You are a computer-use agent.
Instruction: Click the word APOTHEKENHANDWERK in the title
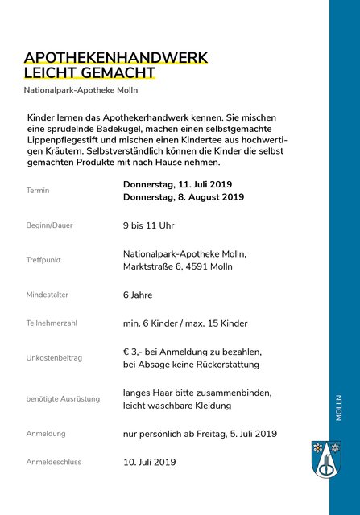(x=116, y=58)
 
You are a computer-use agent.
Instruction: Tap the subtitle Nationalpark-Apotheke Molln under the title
(x=81, y=90)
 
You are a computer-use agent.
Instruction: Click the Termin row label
(x=38, y=191)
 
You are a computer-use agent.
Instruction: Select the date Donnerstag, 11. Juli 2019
(x=177, y=184)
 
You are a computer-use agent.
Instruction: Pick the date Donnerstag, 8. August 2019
(x=184, y=197)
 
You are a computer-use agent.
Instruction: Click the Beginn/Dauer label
(x=49, y=225)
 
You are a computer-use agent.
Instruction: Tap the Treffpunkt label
(x=43, y=260)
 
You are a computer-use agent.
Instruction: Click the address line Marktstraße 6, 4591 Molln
(x=178, y=266)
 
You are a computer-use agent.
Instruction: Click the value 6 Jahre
(x=138, y=295)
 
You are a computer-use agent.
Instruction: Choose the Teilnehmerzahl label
(x=52, y=323)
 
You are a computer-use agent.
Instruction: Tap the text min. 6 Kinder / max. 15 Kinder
(x=185, y=323)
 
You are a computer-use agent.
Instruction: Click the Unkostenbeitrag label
(x=54, y=358)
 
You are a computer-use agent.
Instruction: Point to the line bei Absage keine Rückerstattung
(x=191, y=365)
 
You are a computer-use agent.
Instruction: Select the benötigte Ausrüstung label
(x=63, y=399)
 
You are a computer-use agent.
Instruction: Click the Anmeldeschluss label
(x=54, y=462)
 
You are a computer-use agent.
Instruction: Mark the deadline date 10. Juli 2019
(x=149, y=462)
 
